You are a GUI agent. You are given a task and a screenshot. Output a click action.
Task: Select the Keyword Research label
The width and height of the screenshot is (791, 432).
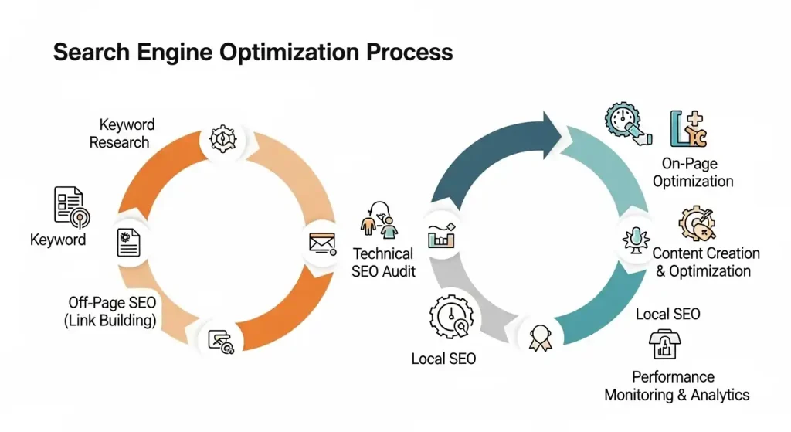(122, 133)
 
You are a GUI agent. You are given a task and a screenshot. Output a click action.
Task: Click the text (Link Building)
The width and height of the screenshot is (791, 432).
(110, 319)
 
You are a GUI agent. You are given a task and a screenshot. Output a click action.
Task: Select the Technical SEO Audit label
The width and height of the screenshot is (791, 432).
(384, 262)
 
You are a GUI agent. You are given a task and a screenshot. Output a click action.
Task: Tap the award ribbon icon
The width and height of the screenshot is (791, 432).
(538, 337)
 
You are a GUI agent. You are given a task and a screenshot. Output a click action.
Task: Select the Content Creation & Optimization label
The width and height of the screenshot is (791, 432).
(705, 262)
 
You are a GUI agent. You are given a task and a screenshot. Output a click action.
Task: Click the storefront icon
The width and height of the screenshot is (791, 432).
(663, 345)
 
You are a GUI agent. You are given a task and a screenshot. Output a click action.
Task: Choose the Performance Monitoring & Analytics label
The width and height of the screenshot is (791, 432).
(677, 386)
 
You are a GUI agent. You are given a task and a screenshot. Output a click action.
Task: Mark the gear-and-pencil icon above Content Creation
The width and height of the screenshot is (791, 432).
(697, 225)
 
